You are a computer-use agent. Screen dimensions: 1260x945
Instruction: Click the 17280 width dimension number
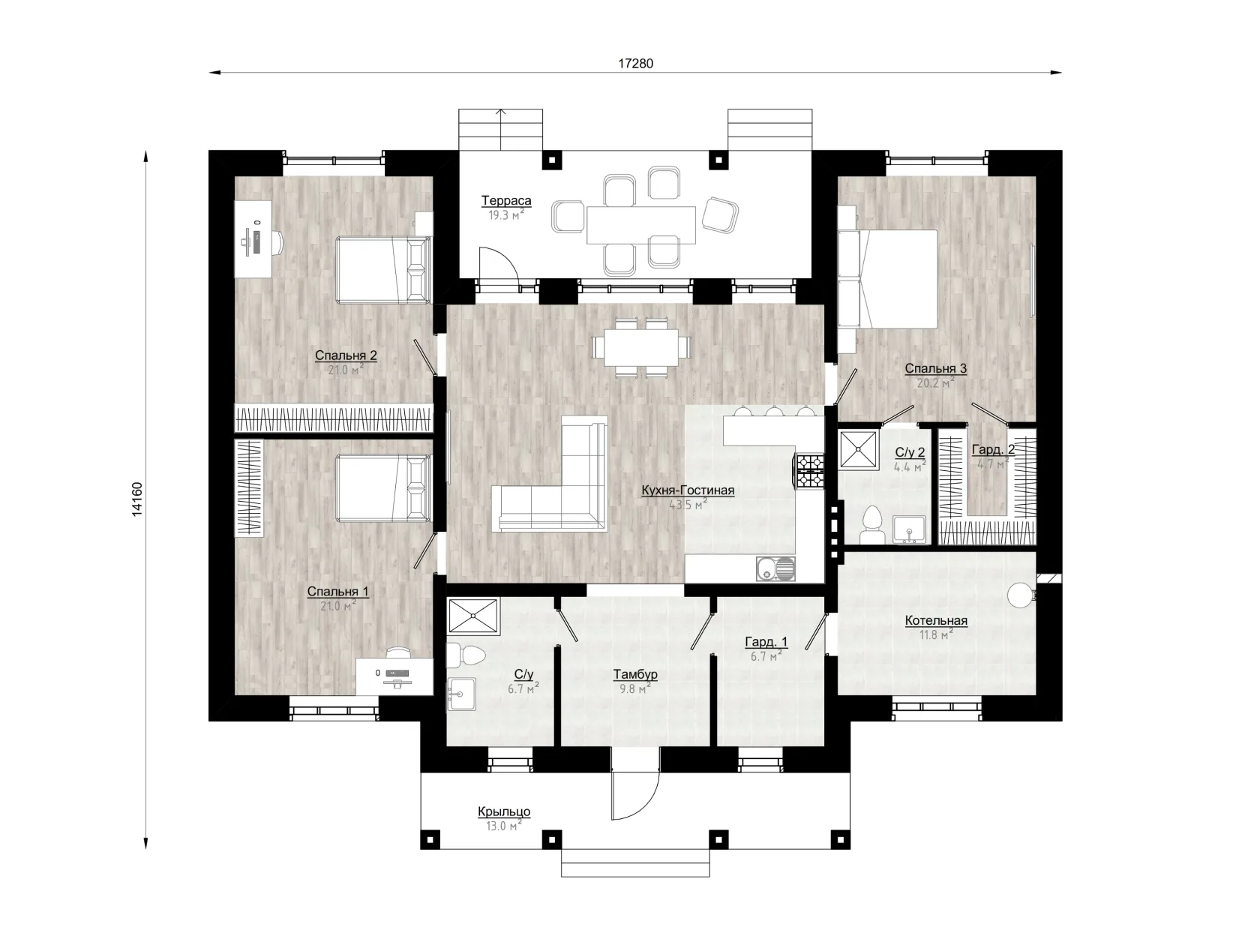[x=635, y=63]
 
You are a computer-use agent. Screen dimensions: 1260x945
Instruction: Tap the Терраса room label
[x=505, y=200]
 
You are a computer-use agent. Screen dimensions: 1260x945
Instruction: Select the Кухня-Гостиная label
[x=688, y=490]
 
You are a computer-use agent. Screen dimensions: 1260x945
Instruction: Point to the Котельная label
[x=936, y=620]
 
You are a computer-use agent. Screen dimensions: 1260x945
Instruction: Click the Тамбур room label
[x=635, y=674]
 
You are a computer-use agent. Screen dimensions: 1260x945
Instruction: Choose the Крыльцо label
[x=504, y=811]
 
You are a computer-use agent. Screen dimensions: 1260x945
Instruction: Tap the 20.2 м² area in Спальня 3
[x=936, y=382]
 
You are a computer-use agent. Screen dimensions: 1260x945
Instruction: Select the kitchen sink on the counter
[x=775, y=568]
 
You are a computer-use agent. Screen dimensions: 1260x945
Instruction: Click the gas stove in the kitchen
[x=809, y=470]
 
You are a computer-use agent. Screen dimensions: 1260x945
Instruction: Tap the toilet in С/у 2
[x=872, y=524]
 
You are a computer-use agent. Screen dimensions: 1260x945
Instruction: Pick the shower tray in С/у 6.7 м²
[x=473, y=616]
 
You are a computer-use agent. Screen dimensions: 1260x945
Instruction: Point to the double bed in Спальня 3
[x=887, y=280]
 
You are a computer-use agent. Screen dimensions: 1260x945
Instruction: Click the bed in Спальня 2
[x=383, y=269]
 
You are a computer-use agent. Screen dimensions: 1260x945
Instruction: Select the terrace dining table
[x=640, y=225]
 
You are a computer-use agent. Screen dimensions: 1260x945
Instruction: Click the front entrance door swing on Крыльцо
[x=635, y=796]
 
